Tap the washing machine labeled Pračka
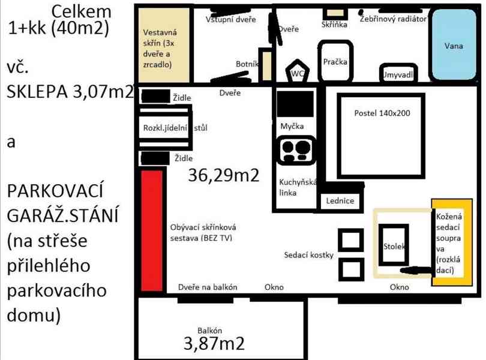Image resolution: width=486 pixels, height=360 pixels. point(335,61)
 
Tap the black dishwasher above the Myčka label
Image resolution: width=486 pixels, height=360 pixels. point(295,104)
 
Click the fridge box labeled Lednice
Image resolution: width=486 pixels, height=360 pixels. point(340,202)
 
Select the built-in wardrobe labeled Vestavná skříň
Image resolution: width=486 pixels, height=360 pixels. point(163,46)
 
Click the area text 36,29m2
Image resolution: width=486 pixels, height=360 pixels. point(223,176)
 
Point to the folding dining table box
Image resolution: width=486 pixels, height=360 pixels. point(165,128)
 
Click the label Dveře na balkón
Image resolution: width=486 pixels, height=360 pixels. point(208,287)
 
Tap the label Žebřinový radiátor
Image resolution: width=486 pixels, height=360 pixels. point(393,19)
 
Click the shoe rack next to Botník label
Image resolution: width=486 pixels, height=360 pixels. point(265,65)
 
